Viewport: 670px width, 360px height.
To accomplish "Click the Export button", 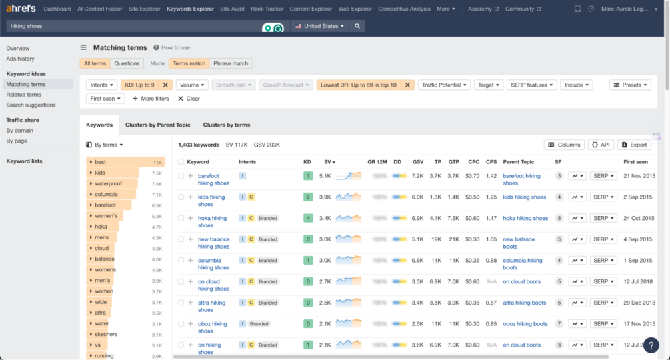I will click(x=633, y=145).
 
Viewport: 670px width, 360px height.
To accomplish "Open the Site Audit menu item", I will click(x=232, y=9).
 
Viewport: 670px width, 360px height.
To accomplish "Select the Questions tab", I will click(x=127, y=63).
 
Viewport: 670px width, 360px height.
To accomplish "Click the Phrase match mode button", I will click(x=231, y=63).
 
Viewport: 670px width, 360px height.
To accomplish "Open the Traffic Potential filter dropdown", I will click(x=444, y=85).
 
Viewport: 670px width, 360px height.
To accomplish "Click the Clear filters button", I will click(x=189, y=99).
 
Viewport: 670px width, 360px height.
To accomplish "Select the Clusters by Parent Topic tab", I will click(x=157, y=125).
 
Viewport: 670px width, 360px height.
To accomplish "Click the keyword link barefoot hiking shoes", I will click(x=213, y=179).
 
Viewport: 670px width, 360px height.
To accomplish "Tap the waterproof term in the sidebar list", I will click(x=108, y=183).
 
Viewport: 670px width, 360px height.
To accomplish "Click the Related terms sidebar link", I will click(x=24, y=95).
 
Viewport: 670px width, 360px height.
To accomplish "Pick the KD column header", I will click(x=307, y=162).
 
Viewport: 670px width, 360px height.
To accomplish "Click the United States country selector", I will click(x=320, y=26).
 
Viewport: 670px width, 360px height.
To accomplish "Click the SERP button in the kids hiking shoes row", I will click(x=603, y=197).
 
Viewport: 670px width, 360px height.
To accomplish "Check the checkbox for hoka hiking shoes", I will click(x=181, y=218).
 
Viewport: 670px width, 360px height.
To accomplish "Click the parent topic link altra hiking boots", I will click(x=524, y=303).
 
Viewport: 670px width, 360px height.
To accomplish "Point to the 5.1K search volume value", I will click(x=325, y=176).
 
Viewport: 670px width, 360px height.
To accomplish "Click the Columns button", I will click(x=563, y=145).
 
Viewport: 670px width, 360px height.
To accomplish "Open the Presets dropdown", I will click(x=629, y=85).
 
